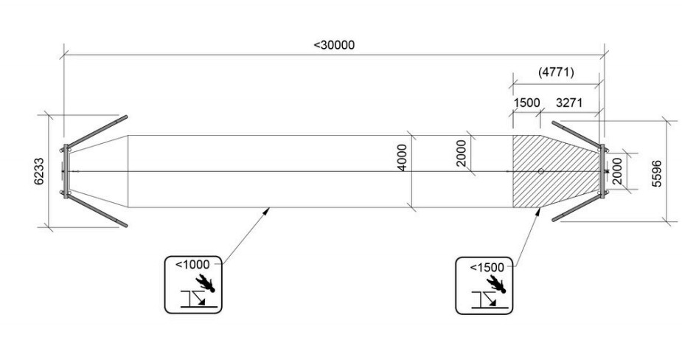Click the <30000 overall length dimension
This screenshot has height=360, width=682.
(x=334, y=45)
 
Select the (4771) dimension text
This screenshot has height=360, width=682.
(x=557, y=72)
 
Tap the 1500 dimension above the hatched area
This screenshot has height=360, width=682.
(x=526, y=103)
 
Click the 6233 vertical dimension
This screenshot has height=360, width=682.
(x=40, y=171)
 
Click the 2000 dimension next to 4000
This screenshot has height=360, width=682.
(x=462, y=154)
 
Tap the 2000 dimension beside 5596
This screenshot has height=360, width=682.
(x=618, y=171)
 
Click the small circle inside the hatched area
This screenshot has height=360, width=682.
(x=541, y=171)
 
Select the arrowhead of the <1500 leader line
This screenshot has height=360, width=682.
(x=537, y=210)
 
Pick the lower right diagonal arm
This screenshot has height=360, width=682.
(x=578, y=210)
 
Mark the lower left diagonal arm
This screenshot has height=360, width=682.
(x=97, y=211)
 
